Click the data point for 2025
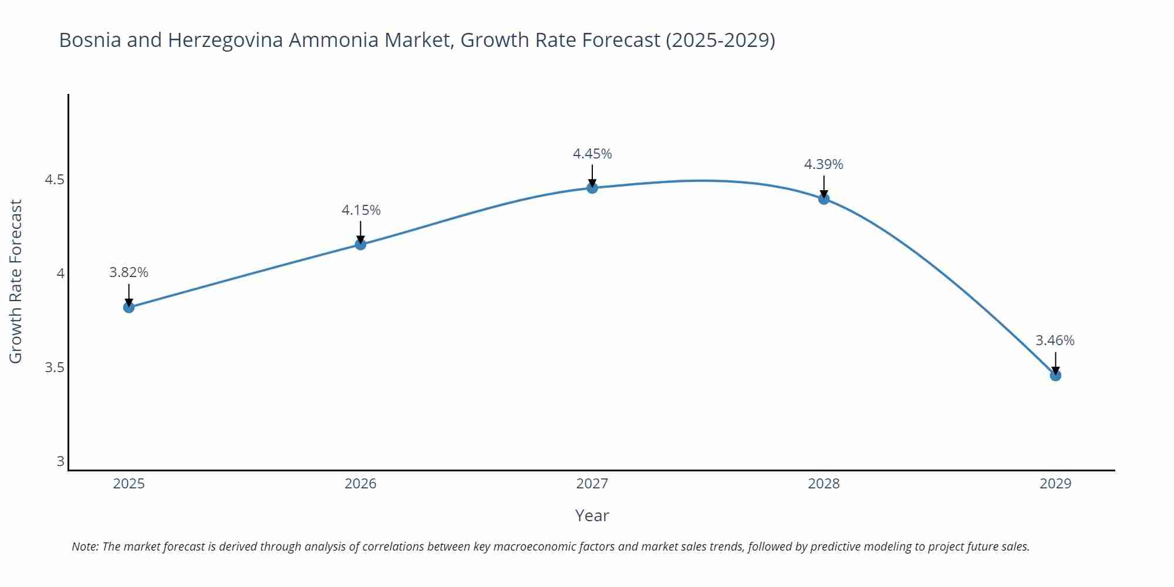pos(129,307)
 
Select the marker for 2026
pos(360,244)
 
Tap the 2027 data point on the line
pos(592,188)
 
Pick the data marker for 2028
pos(824,199)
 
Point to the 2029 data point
pos(1055,375)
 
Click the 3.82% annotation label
pos(129,272)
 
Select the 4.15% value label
pos(361,210)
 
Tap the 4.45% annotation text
pos(592,154)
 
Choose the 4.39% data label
pos(823,164)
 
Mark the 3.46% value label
pos(1054,340)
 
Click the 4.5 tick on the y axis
pos(54,180)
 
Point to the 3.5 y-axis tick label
pos(54,367)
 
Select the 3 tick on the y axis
pos(60,461)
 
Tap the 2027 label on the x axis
pos(592,484)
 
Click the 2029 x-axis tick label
pos(1055,484)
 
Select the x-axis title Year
pos(592,515)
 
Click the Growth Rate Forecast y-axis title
pos(16,281)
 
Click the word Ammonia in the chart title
pos(333,40)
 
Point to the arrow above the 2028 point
pos(824,186)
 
